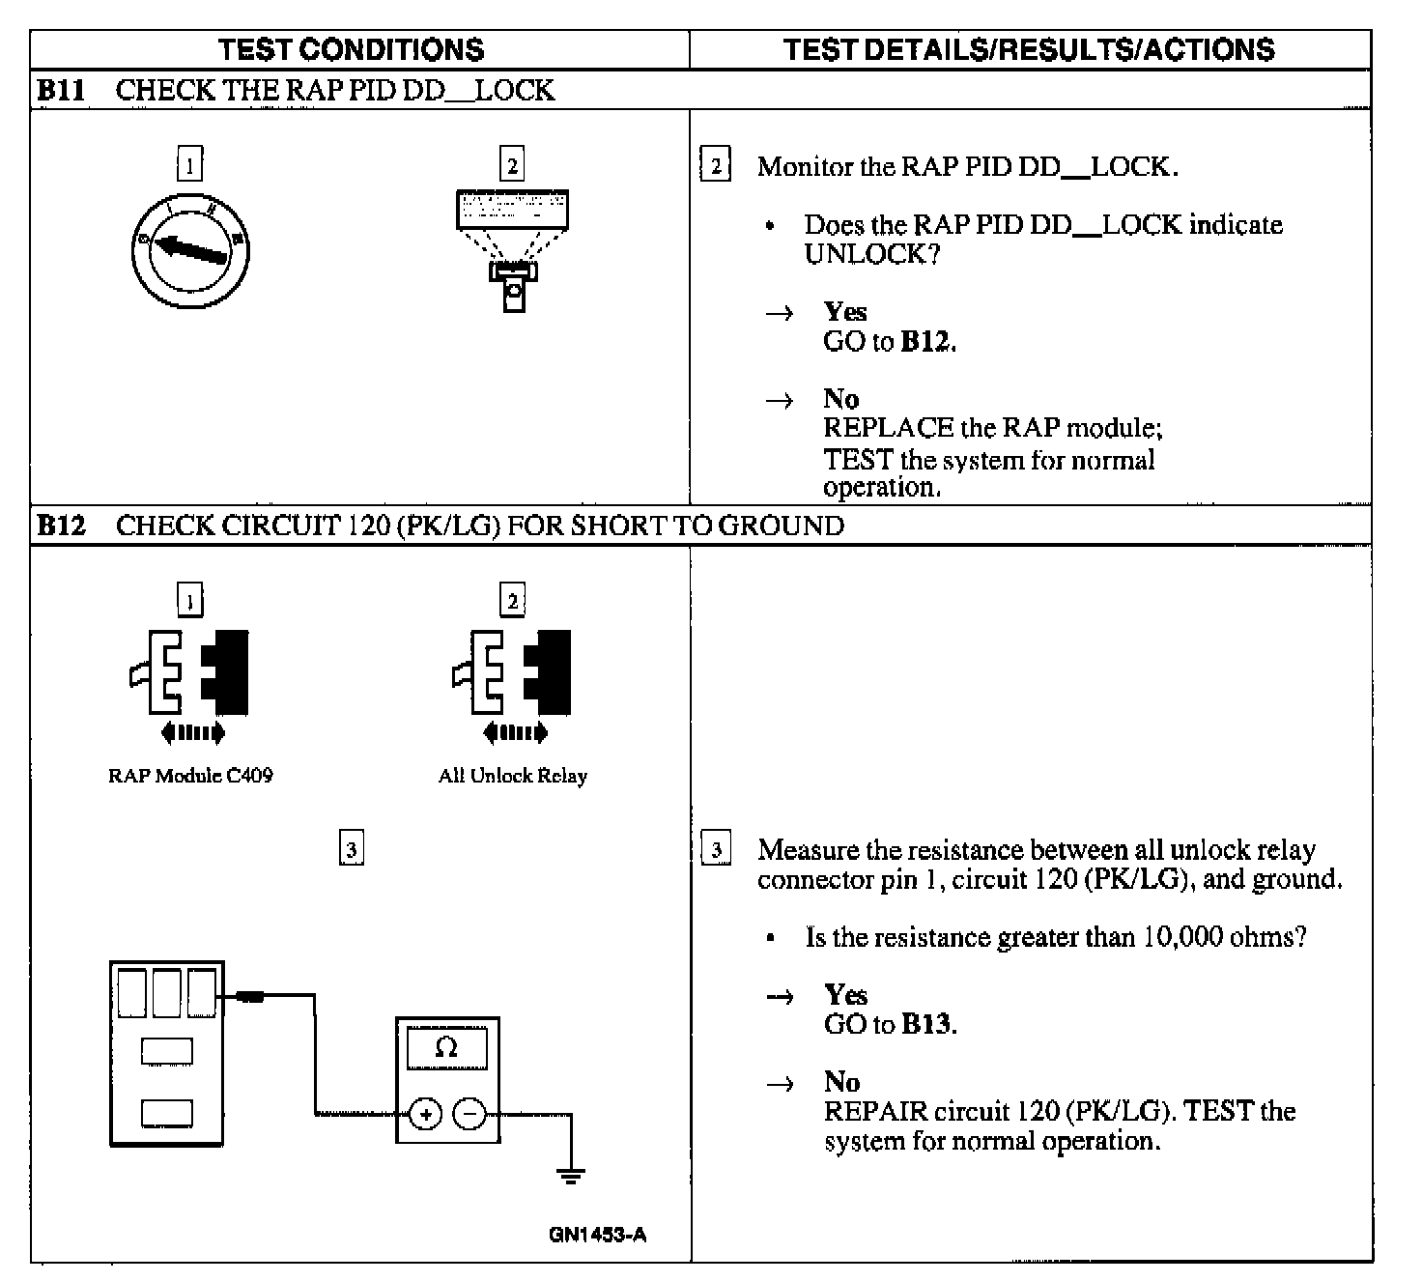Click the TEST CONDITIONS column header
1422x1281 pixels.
(x=351, y=49)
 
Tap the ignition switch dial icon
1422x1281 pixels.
(x=191, y=246)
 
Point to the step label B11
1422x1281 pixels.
(x=61, y=91)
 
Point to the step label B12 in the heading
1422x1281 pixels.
(x=61, y=526)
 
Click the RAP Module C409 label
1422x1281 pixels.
(x=190, y=776)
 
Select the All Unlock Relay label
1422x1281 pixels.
(x=512, y=776)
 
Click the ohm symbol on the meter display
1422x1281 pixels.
(x=446, y=1047)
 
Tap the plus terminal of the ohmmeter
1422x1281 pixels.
(x=424, y=1115)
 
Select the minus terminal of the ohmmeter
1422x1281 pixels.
(x=470, y=1115)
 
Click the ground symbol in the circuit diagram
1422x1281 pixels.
(x=571, y=1175)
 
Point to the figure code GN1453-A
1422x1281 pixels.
(x=597, y=1235)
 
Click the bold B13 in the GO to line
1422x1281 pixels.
(x=926, y=1024)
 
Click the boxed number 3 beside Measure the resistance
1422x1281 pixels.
(x=716, y=850)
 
